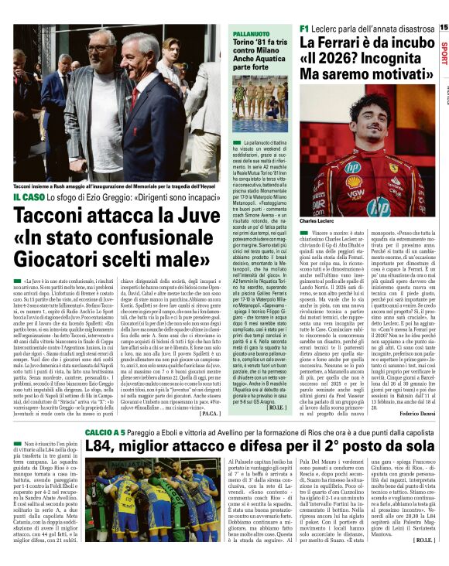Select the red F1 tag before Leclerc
click(x=304, y=28)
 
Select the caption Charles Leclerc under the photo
click(x=319, y=221)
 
